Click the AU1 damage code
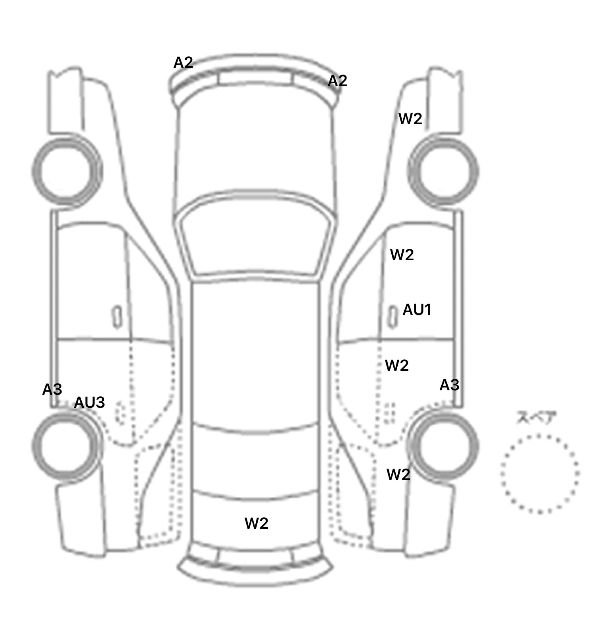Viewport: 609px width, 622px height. point(417,310)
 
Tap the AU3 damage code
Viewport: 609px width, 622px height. point(90,403)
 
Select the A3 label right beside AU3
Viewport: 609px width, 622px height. point(52,390)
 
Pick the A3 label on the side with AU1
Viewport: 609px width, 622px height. point(449,385)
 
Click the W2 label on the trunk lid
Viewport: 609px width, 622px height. point(257,524)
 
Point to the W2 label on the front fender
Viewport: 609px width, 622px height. point(410,119)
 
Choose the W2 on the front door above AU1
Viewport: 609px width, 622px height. point(402,255)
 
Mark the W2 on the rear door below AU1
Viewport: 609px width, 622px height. point(397,365)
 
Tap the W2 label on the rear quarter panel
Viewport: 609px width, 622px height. point(398,474)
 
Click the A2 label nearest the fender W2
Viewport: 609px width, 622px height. point(337,81)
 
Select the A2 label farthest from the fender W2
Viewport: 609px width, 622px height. point(183,63)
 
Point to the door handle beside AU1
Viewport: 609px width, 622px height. point(393,317)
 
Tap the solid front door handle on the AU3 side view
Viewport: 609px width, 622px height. point(117,317)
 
